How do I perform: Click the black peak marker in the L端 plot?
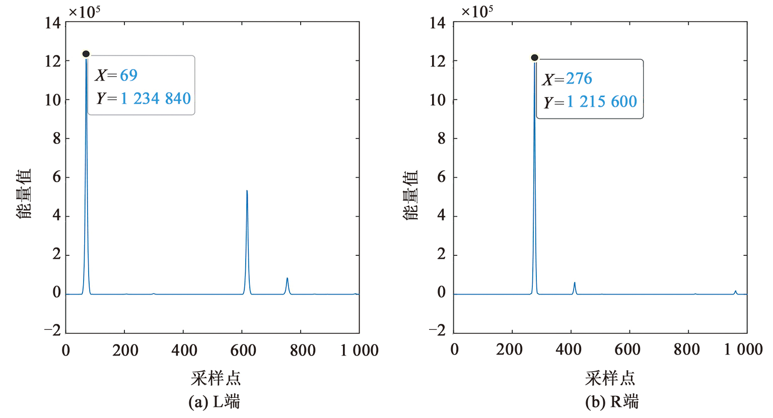click(86, 54)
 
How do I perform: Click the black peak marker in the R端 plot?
click(534, 57)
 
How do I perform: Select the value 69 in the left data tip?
click(128, 75)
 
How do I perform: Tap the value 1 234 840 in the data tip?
click(156, 98)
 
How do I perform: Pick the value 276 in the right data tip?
click(579, 79)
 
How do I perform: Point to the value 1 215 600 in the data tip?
click(602, 102)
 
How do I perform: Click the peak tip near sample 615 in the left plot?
click(247, 191)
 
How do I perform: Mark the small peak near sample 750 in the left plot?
click(287, 278)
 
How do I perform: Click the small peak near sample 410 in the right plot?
click(574, 283)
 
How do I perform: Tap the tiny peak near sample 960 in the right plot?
click(735, 291)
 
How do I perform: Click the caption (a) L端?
click(214, 402)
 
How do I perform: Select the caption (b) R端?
click(612, 402)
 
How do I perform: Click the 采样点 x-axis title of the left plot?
click(216, 378)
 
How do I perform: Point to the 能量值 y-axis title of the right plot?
click(410, 195)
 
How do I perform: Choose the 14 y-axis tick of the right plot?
click(438, 23)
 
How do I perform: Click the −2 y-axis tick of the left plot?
click(52, 330)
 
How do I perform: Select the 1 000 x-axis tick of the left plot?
click(359, 351)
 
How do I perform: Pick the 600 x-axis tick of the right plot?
click(627, 350)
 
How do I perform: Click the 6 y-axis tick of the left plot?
click(56, 177)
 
